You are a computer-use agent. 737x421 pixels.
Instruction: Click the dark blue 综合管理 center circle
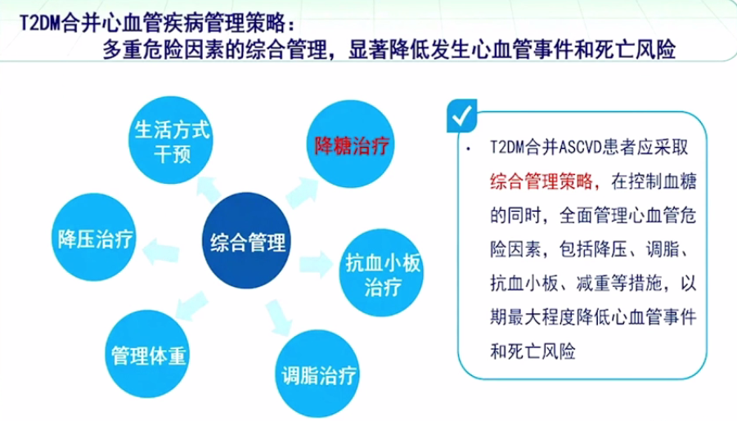[246, 240]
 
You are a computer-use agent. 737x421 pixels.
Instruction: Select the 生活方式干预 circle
[171, 140]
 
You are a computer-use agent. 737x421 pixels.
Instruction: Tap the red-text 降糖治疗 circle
[351, 144]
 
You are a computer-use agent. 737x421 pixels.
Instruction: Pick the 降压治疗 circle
[94, 237]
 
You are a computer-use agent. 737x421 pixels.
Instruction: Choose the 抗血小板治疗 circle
[381, 272]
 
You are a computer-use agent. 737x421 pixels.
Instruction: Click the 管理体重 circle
[147, 354]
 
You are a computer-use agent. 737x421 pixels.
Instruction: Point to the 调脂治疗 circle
[317, 374]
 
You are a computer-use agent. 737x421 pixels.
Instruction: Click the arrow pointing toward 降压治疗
[161, 252]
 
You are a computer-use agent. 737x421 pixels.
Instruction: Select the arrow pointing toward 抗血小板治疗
[317, 264]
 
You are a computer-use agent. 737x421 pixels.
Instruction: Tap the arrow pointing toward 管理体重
[191, 306]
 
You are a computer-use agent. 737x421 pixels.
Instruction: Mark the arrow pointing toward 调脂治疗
[279, 317]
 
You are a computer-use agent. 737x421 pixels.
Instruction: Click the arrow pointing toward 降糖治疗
[302, 193]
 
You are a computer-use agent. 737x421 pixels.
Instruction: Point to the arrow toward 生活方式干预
[209, 190]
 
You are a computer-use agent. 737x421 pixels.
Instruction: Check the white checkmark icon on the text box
[461, 115]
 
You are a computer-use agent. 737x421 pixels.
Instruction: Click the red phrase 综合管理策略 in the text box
[542, 181]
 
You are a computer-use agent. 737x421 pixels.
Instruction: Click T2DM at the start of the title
[40, 23]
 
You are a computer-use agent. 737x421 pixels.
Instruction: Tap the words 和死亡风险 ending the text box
[533, 351]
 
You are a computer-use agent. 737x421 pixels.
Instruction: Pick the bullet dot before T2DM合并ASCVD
[468, 150]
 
